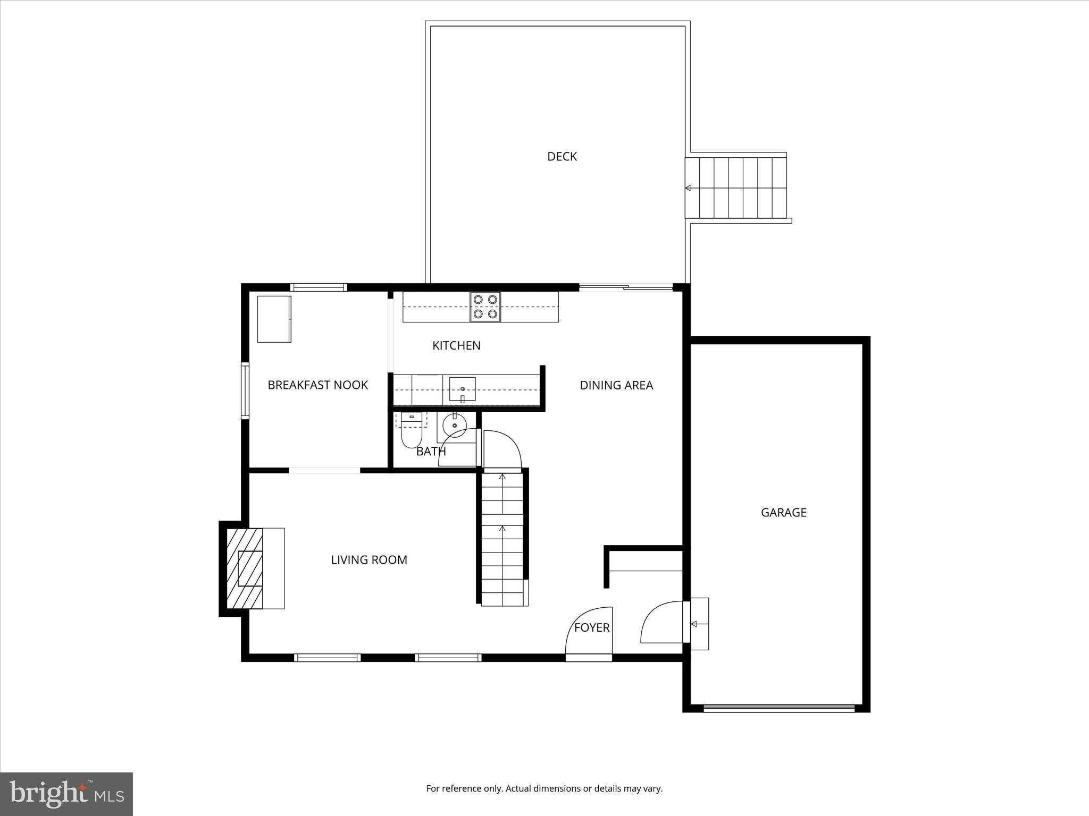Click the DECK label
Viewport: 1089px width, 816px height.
click(x=562, y=156)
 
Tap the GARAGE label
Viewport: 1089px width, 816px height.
click(x=783, y=512)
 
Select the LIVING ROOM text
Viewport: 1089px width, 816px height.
click(x=368, y=559)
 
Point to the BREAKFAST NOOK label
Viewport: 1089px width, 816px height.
click(x=317, y=385)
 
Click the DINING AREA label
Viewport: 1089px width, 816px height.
click(x=616, y=385)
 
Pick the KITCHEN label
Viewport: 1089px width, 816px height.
click(x=456, y=345)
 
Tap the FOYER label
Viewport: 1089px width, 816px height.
click(x=591, y=627)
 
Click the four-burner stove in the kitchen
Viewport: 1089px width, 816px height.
click(x=485, y=307)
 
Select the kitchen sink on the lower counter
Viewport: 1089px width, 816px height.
click(x=462, y=389)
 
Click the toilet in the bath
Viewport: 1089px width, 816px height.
click(x=411, y=433)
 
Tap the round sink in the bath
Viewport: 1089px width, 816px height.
click(x=454, y=425)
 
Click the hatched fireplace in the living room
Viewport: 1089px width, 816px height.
click(x=245, y=568)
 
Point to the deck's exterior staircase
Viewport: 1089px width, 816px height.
click(x=735, y=187)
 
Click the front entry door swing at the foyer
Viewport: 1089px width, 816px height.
click(x=589, y=632)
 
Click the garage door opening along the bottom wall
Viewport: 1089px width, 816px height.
click(x=779, y=708)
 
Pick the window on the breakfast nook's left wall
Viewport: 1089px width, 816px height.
click(x=245, y=390)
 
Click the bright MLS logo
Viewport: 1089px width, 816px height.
click(x=66, y=794)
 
